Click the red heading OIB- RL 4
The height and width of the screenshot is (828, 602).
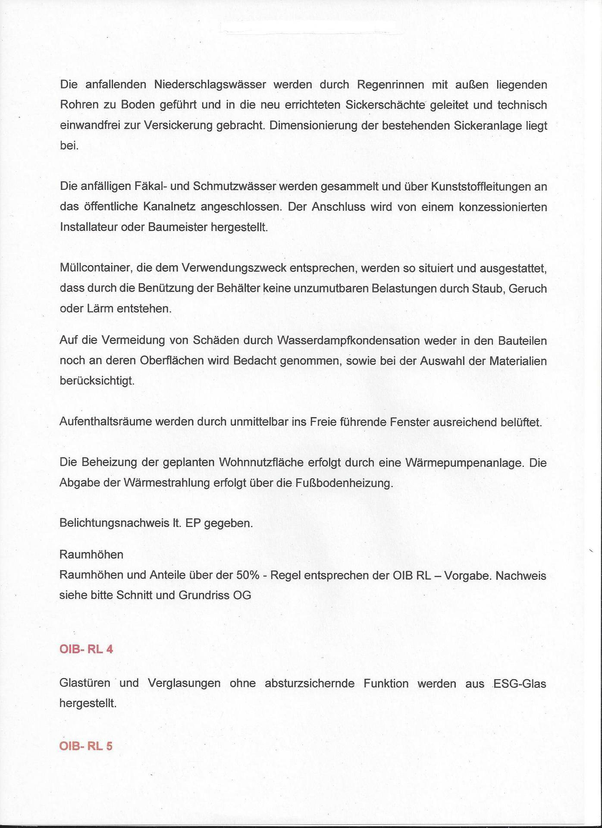click(x=86, y=649)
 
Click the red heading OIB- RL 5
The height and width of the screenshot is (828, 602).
click(x=86, y=746)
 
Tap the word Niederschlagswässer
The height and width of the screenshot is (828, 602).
click(x=210, y=85)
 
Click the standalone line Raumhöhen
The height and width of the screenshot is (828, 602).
click(x=91, y=555)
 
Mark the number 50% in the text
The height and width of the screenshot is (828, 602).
click(x=248, y=575)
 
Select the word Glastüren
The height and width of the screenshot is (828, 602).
click(x=85, y=684)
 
